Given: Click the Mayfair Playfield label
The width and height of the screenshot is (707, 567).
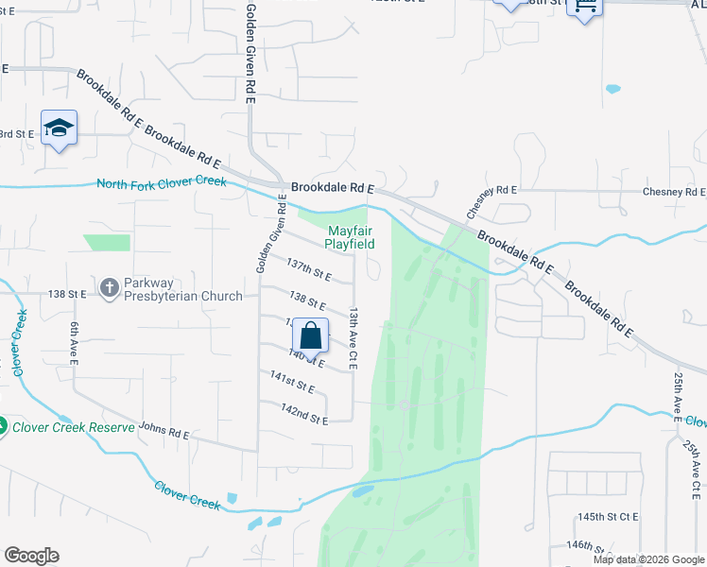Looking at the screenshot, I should click(x=351, y=237).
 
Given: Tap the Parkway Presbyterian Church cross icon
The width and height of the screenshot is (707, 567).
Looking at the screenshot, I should click(x=111, y=287).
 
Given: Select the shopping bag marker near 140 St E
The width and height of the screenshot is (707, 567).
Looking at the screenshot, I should click(x=311, y=337).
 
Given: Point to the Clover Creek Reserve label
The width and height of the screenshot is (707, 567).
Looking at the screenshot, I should click(x=73, y=427).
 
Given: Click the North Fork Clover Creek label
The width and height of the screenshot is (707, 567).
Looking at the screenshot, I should click(x=162, y=181).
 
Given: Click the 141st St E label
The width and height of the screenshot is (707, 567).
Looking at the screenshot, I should click(x=291, y=387).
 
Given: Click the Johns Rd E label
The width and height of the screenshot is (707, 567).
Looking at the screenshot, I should click(x=164, y=435).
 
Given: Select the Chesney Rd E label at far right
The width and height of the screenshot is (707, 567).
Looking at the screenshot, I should click(x=673, y=192).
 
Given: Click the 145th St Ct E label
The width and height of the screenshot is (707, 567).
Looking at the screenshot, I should click(x=609, y=518).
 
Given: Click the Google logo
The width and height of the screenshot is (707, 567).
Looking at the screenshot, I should click(x=31, y=556).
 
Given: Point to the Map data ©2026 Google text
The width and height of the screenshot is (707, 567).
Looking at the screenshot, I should click(x=648, y=559).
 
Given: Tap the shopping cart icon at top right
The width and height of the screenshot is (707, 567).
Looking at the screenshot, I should click(x=585, y=6).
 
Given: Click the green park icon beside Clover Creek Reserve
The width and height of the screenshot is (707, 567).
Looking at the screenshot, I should click(x=3, y=427).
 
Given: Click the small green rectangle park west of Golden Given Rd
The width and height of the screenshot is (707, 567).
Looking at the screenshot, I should click(x=107, y=243).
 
